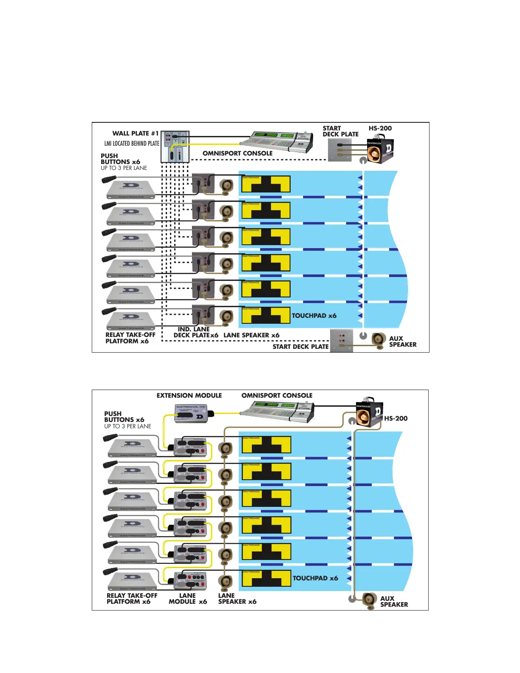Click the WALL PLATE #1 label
[x=135, y=133]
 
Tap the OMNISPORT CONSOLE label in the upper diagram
[x=237, y=153]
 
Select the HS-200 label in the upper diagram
[x=380, y=128]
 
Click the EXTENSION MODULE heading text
[x=189, y=396]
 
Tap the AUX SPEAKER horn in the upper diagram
[x=379, y=339]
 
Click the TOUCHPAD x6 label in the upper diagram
[x=314, y=316]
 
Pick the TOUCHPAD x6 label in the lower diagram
[x=315, y=578]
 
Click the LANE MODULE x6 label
[x=187, y=599]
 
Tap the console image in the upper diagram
[x=277, y=141]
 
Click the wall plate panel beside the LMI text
[x=175, y=147]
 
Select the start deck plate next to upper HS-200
[x=339, y=150]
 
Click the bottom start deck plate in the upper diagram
[x=342, y=341]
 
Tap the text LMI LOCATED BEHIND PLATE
[x=132, y=144]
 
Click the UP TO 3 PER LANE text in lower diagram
[x=127, y=426]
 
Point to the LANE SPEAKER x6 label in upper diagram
[x=252, y=335]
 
